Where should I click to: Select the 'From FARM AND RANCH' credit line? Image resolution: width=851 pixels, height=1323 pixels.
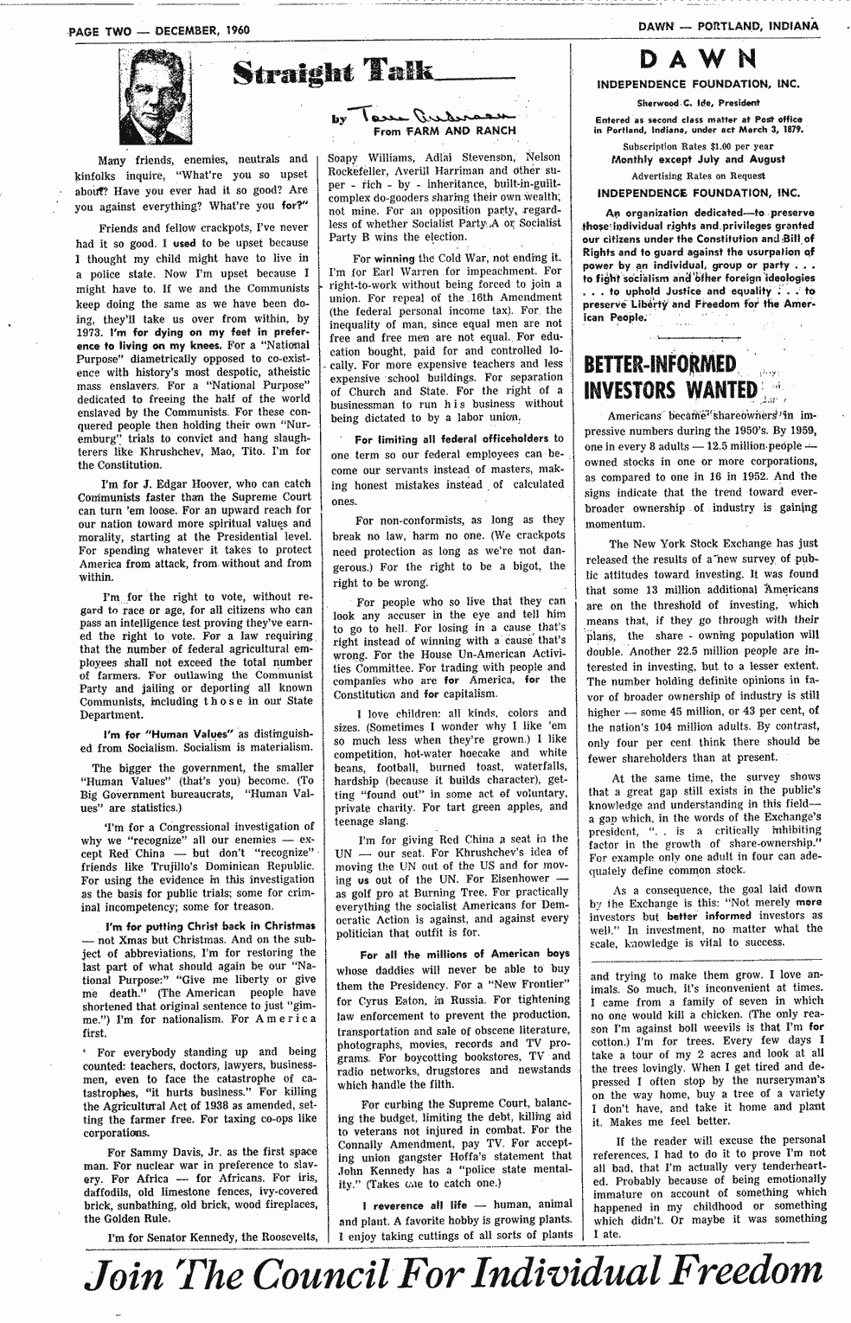(445, 131)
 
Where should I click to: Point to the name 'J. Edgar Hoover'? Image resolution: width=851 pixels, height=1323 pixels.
(173, 483)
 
